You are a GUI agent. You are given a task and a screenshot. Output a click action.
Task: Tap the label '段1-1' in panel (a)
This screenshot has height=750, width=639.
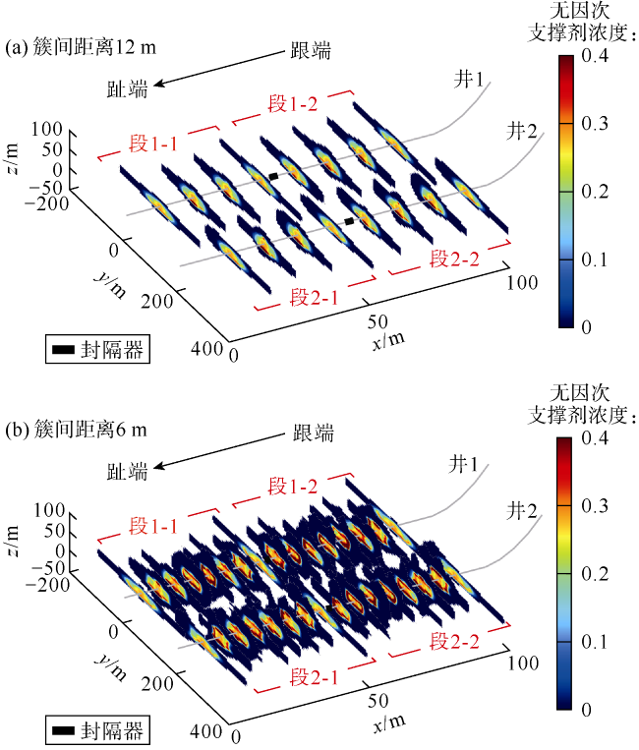coord(153,144)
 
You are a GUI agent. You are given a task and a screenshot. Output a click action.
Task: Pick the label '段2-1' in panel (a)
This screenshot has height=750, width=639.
coord(313,297)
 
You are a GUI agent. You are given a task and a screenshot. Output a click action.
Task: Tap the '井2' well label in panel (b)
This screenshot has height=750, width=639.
coord(523,511)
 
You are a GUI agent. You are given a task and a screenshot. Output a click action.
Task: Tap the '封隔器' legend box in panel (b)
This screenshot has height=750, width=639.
coord(97,730)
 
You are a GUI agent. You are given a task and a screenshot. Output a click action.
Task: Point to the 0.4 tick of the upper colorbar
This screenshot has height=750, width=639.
coord(593,58)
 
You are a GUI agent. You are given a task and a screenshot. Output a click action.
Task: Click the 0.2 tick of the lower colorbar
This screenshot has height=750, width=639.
coord(593,573)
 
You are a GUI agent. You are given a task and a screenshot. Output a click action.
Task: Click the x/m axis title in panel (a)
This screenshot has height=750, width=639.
coord(387,339)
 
